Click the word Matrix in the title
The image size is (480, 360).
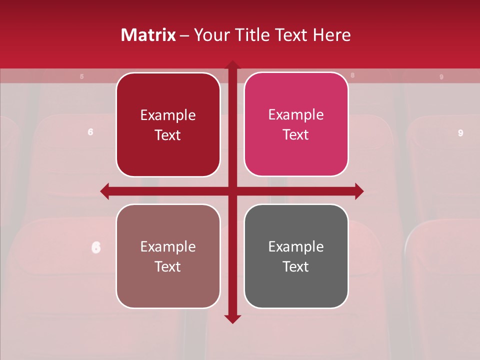148,35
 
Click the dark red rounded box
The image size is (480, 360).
168,125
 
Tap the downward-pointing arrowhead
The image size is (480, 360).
232,319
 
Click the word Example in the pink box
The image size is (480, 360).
296,115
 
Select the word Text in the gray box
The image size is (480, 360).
296,266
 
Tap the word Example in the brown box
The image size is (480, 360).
168,246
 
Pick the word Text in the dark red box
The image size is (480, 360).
168,135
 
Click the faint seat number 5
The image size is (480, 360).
82,76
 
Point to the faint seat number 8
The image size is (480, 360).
352,75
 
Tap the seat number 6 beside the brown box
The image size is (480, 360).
96,247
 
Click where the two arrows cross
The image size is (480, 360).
232,191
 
